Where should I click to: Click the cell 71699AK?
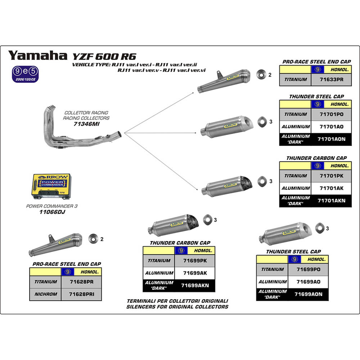(195, 273)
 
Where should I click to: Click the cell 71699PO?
(308, 269)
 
